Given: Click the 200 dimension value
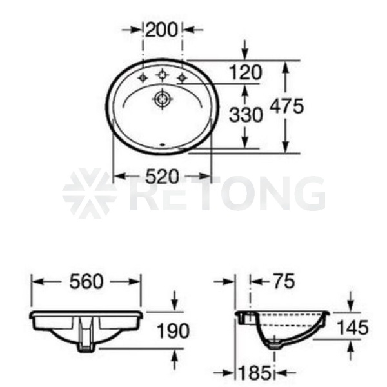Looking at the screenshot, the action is (x=162, y=30).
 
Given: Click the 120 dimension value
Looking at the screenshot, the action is (x=245, y=72).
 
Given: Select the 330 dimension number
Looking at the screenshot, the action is (x=246, y=115).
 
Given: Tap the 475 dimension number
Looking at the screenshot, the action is (x=286, y=106).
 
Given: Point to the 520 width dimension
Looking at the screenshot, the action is (x=162, y=176).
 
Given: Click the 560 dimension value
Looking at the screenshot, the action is (x=86, y=282).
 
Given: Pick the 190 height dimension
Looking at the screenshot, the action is (x=174, y=331).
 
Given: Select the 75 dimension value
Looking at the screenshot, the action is (x=284, y=281).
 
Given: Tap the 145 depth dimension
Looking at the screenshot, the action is (x=353, y=328).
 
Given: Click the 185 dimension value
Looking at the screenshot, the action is (x=255, y=373).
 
